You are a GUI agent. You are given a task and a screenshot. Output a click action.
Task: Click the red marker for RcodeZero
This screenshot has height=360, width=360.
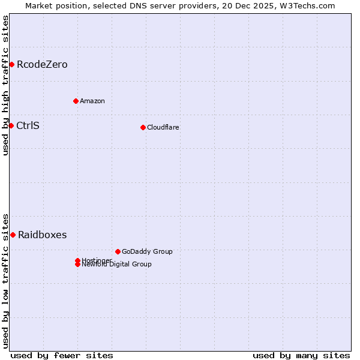click(11, 64)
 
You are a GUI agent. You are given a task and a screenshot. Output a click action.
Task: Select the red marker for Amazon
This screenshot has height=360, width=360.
click(76, 101)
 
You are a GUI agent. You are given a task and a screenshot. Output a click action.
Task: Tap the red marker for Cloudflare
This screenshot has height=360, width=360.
click(143, 127)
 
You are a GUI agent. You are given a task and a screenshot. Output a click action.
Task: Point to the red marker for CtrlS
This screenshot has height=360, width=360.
click(11, 125)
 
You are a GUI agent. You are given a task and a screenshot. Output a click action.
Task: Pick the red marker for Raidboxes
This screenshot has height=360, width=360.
click(13, 235)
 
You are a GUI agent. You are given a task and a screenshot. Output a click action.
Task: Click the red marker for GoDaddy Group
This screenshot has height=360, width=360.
click(118, 251)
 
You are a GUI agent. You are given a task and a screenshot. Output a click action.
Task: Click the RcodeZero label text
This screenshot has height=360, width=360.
click(42, 64)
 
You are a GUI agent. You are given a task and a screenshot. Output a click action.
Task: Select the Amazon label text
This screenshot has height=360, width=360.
click(92, 101)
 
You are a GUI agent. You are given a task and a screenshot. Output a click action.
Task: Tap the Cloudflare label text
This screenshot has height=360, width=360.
click(163, 127)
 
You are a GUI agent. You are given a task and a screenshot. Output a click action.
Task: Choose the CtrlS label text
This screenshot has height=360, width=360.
click(28, 125)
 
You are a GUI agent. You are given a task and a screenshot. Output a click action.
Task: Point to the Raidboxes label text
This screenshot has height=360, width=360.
click(42, 235)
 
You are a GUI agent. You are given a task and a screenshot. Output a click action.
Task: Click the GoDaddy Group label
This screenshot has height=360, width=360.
click(147, 251)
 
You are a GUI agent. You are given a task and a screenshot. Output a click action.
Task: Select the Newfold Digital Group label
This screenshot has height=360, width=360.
click(117, 265)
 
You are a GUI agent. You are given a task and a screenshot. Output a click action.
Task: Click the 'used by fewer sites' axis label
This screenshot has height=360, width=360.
click(62, 355)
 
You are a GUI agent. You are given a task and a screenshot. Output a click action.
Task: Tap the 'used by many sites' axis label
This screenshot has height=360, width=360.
click(301, 355)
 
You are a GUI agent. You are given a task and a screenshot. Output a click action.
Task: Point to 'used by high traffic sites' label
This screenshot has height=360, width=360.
click(5, 85)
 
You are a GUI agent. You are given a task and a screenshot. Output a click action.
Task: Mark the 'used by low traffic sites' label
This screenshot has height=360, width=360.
click(5, 280)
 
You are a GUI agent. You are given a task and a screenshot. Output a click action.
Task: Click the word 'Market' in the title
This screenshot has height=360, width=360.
click(39, 5)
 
